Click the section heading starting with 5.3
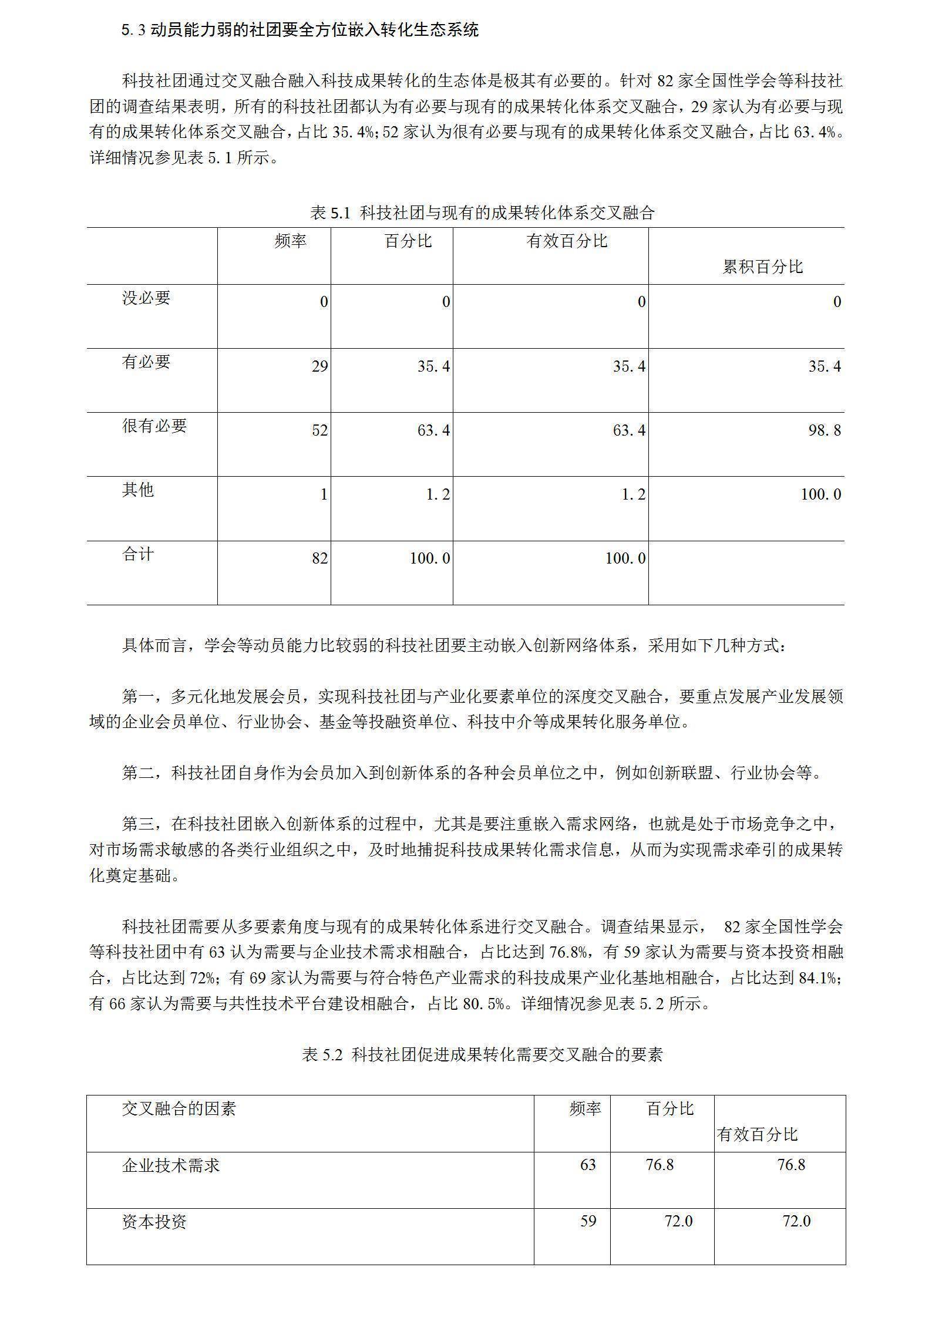[300, 29]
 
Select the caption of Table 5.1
[482, 213]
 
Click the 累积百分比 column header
[762, 267]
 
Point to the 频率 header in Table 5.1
[290, 241]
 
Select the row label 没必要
[146, 298]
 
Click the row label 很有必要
[154, 426]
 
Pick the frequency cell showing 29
[320, 367]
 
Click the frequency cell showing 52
[320, 431]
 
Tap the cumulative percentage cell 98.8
[825, 431]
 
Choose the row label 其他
[138, 490]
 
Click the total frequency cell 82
[320, 558]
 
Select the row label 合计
[138, 554]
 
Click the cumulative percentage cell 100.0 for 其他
[820, 494]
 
